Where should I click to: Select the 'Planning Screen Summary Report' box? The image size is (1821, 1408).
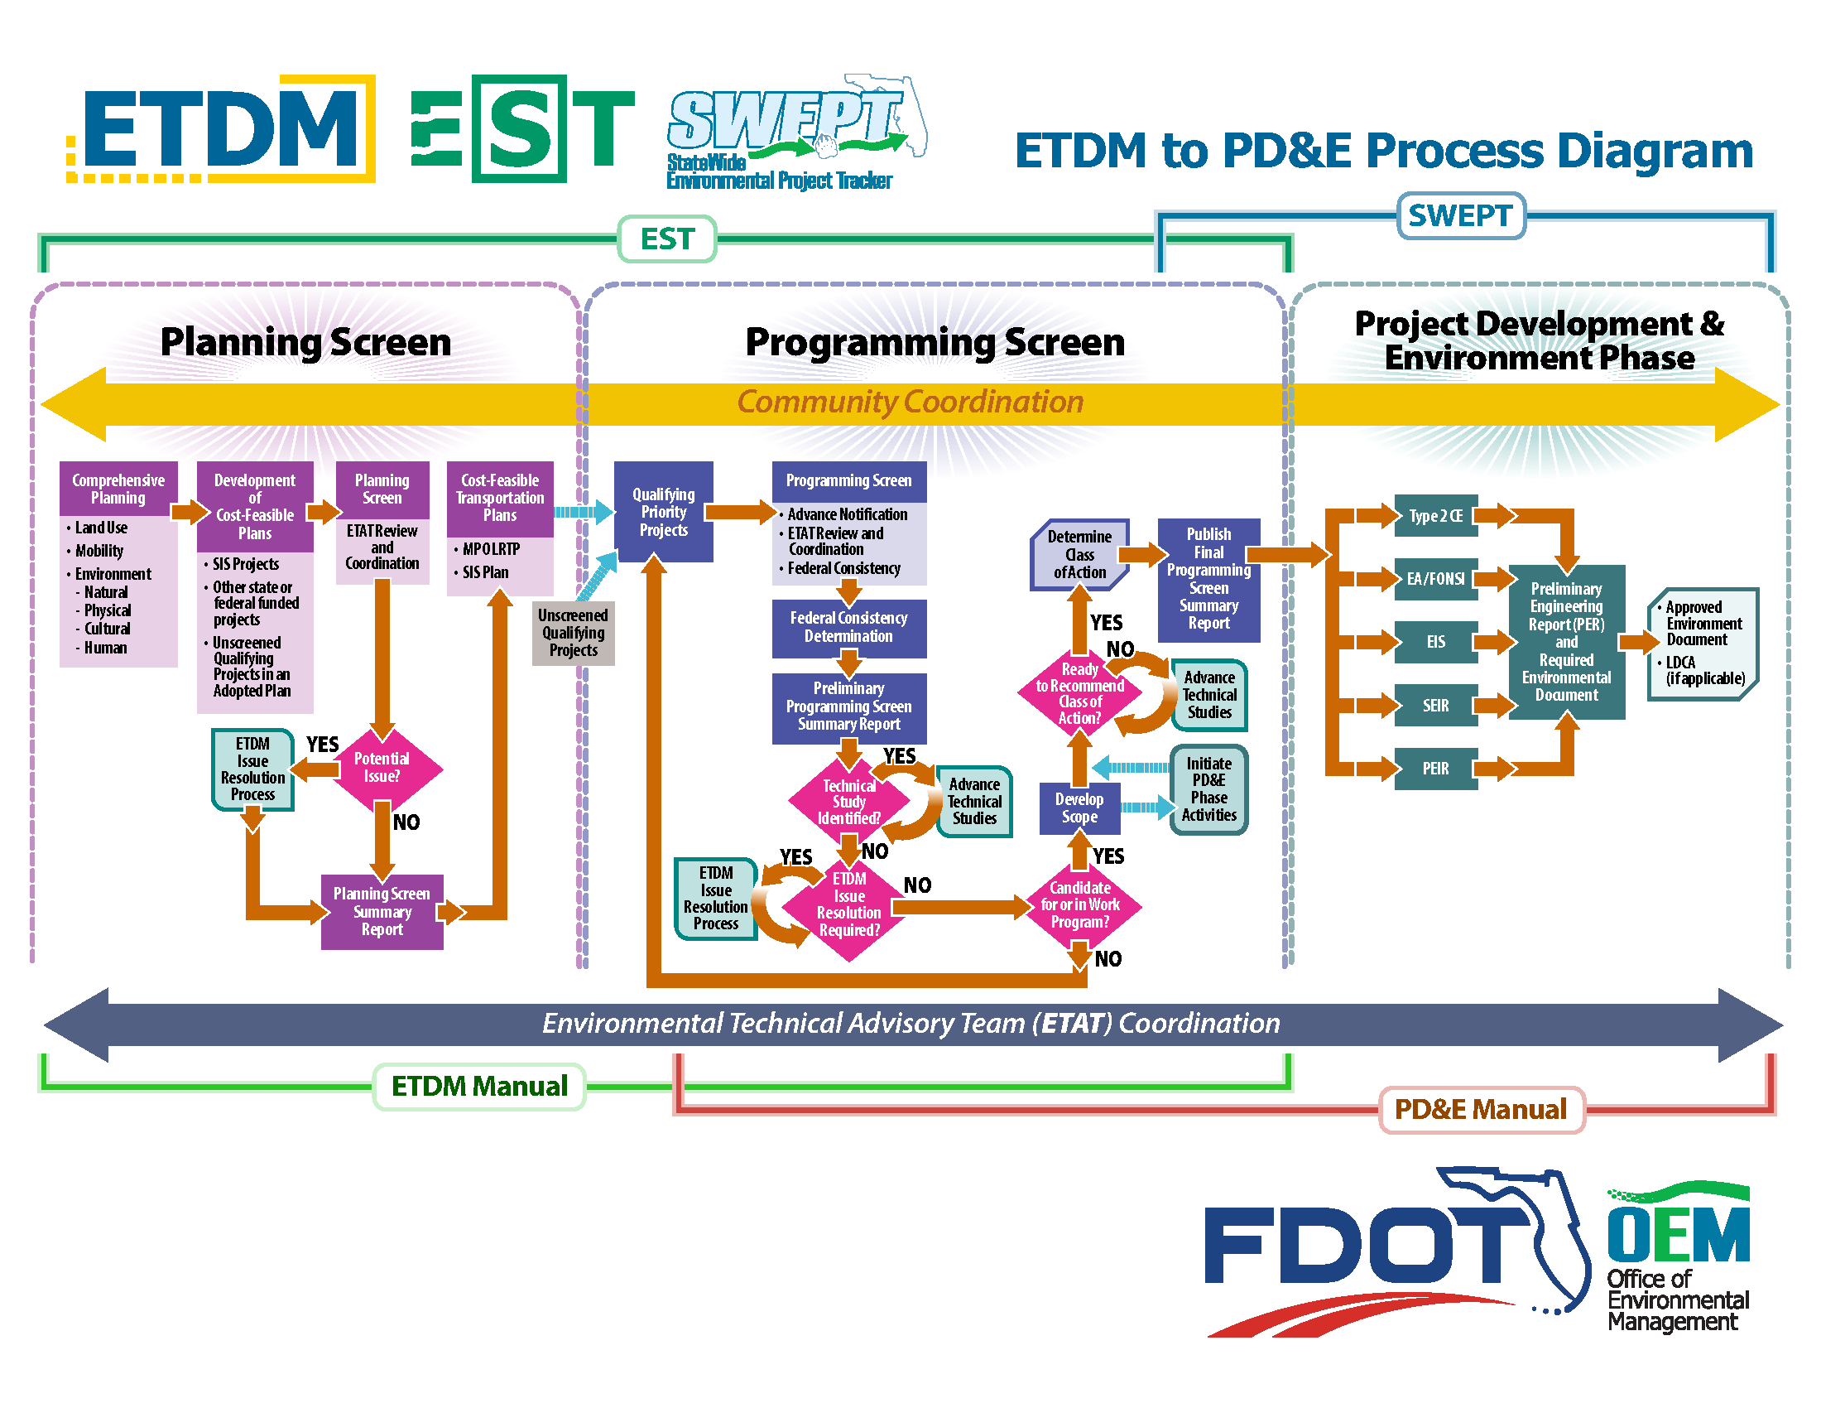(382, 912)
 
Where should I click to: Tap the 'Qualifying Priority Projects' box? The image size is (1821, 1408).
(663, 512)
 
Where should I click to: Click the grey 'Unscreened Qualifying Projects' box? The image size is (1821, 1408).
(573, 633)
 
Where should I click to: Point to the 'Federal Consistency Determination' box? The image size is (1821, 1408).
(848, 627)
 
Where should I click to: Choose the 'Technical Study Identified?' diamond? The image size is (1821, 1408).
(848, 802)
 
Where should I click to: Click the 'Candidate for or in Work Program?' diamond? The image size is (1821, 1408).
(1079, 905)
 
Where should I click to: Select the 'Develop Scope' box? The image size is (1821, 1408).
(1079, 808)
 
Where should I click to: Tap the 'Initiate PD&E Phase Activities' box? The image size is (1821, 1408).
(1208, 789)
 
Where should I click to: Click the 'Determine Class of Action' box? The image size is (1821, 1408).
(1079, 555)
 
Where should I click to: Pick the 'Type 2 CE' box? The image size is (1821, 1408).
(1435, 516)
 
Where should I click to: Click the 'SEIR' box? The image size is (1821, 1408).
(1435, 706)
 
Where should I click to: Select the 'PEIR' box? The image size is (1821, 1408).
(1435, 769)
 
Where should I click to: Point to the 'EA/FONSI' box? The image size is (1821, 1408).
(1435, 579)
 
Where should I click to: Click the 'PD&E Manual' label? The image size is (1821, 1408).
(1481, 1109)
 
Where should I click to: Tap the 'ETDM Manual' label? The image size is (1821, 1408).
(479, 1086)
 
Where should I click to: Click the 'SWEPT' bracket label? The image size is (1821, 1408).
(1460, 216)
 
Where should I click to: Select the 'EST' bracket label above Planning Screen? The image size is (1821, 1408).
(667, 239)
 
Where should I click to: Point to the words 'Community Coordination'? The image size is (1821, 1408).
(910, 402)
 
